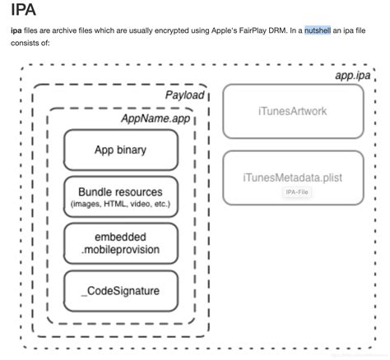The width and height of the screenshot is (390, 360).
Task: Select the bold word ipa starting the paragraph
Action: click(x=16, y=30)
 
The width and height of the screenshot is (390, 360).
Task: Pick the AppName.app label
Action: click(x=156, y=119)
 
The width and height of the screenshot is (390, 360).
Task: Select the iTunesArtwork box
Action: click(x=292, y=111)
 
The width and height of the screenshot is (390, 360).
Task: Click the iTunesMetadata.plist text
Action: click(x=292, y=176)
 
